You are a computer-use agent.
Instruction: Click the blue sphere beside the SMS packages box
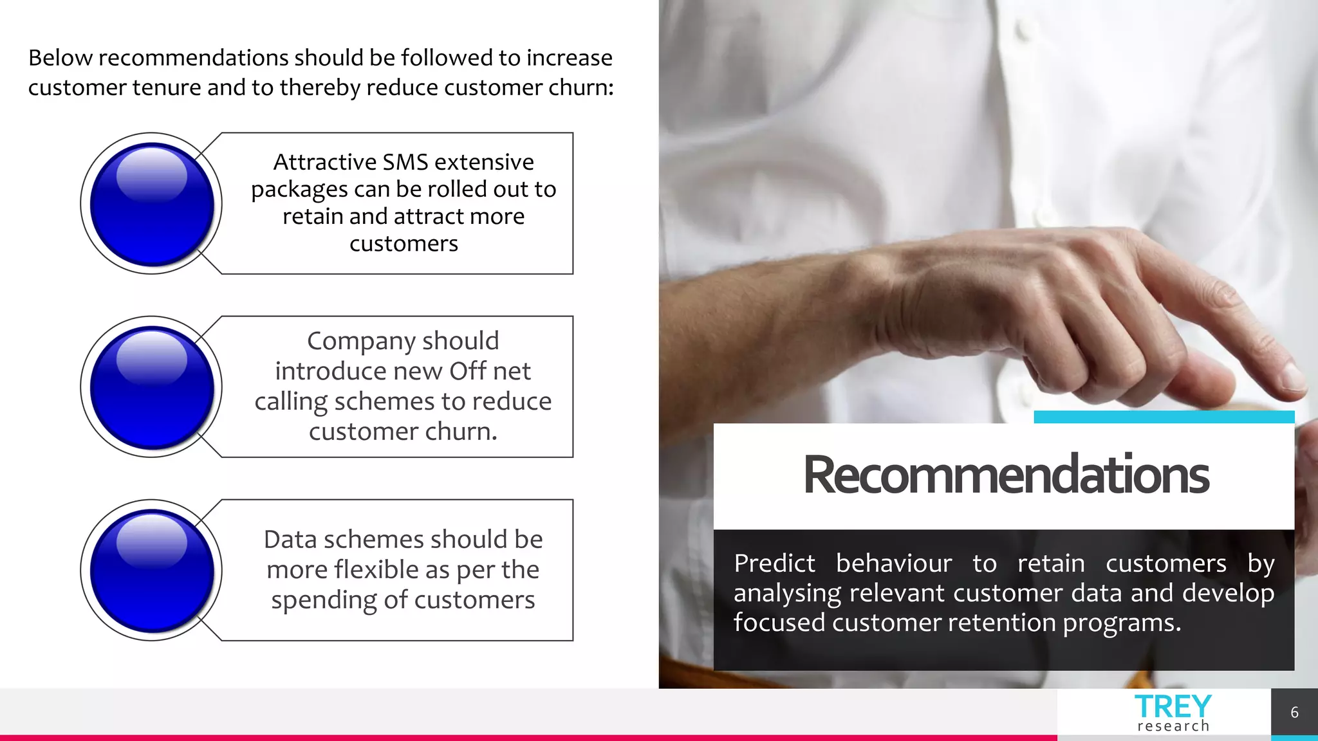[152, 204]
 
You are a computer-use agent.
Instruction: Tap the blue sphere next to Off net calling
[152, 387]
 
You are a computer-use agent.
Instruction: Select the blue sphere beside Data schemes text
[152, 571]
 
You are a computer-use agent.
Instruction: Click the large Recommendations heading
[1006, 475]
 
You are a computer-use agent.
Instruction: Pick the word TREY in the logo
[1173, 707]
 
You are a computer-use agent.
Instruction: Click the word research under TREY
[1173, 726]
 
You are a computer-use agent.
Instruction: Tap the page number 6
[1294, 713]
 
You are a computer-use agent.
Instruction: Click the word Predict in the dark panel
[774, 563]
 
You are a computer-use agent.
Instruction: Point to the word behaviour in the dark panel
[894, 563]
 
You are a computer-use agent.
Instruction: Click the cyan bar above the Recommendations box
[1164, 417]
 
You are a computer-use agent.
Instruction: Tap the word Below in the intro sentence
[60, 58]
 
